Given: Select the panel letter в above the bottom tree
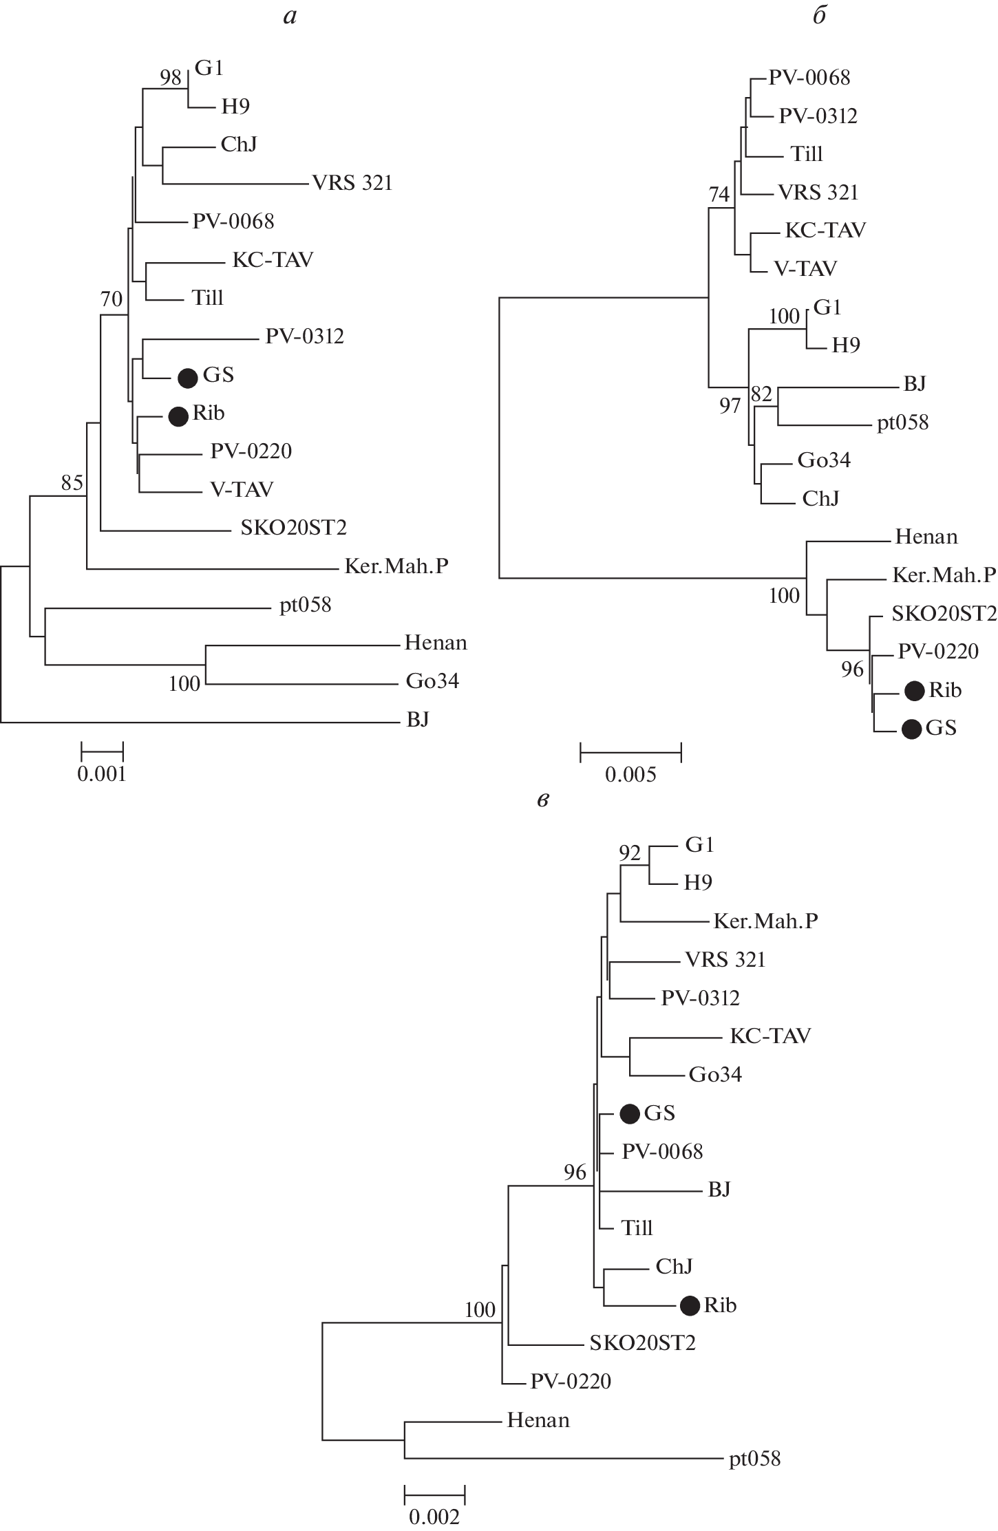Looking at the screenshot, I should click(x=543, y=800).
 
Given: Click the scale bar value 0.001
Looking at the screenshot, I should click(x=102, y=774).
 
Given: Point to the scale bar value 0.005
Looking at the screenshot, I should click(x=630, y=775).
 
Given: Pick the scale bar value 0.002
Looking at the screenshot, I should click(x=434, y=1517).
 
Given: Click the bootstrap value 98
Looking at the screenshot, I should click(x=171, y=78).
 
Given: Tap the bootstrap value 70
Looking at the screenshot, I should click(x=112, y=299).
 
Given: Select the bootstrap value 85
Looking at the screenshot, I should click(x=72, y=483).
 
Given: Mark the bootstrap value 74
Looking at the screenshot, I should click(x=719, y=195).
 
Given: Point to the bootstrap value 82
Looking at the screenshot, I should click(x=761, y=394).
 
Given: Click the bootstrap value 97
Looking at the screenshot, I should click(x=730, y=406).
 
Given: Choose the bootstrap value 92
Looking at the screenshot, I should click(x=630, y=853).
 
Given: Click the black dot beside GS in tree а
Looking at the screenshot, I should click(x=188, y=377).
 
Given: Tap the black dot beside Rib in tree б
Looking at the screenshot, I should click(x=914, y=691).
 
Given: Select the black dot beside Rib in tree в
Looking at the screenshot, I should click(x=690, y=1305).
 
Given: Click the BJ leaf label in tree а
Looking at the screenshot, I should click(x=418, y=720).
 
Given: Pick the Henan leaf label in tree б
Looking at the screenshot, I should click(x=926, y=537).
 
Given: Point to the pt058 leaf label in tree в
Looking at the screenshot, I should click(x=754, y=1459).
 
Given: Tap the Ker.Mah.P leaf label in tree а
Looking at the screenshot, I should click(x=396, y=566).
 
